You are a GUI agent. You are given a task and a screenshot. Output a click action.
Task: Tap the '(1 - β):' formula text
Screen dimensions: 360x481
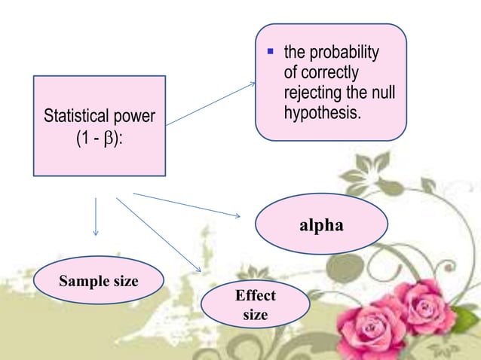[x=100, y=139]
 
